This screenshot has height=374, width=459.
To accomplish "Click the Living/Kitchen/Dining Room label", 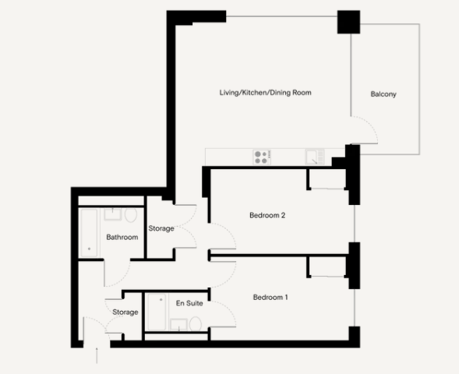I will click(265, 93).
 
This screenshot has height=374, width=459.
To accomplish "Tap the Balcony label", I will click(383, 94).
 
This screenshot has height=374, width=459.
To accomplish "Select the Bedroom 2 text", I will click(267, 215).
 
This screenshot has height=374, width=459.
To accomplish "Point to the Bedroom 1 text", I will click(270, 297).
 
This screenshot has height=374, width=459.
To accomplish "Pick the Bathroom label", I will click(122, 238).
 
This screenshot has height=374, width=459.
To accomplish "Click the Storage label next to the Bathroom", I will click(161, 229).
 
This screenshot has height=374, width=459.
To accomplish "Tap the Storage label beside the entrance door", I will click(125, 312).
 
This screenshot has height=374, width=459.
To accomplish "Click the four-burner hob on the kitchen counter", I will click(262, 157).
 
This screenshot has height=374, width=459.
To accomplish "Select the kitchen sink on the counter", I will click(315, 157).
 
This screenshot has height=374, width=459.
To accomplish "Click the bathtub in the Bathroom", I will click(90, 231).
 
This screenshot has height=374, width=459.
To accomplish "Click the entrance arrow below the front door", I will click(97, 355).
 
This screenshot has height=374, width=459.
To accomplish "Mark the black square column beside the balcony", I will click(347, 23).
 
